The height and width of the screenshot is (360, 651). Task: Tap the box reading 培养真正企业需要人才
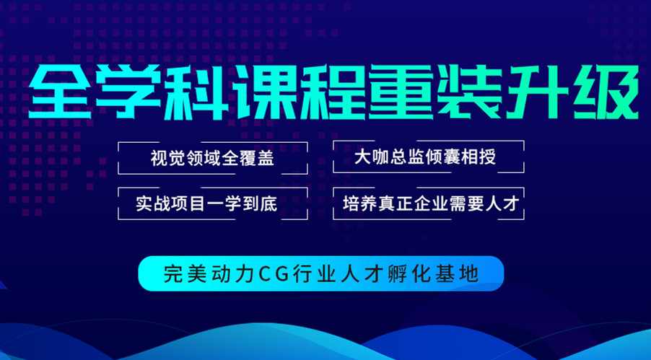pyautogui.click(x=429, y=203)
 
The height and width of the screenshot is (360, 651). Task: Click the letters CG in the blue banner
pyautogui.click(x=274, y=273)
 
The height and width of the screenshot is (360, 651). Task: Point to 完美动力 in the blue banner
pyautogui.click(x=209, y=273)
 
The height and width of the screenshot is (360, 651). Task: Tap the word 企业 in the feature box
pyautogui.click(x=436, y=204)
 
